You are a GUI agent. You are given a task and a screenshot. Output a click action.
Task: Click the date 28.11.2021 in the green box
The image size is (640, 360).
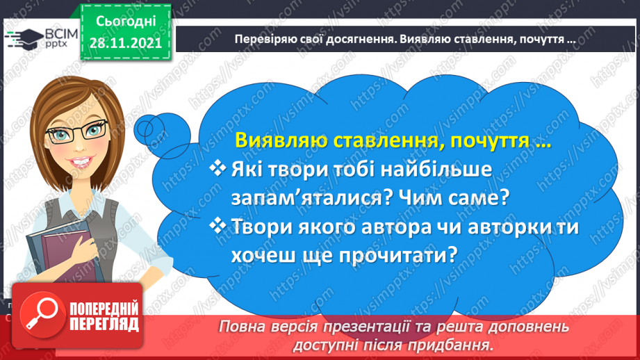[125, 43]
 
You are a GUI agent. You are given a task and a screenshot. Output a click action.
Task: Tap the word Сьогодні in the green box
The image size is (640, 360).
[126, 22]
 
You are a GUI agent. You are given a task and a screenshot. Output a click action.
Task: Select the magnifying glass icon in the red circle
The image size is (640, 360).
[42, 314]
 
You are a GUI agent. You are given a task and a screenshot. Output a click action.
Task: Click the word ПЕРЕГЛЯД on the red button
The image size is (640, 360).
[104, 325]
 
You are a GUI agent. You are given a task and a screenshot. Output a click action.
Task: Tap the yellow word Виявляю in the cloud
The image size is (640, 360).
[281, 140]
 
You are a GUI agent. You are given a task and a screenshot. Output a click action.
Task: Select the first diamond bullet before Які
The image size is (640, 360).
[218, 168]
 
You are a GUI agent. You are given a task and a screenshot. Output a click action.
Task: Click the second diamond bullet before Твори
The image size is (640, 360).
[218, 225]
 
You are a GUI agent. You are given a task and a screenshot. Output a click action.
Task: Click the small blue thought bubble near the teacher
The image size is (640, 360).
[163, 134]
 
